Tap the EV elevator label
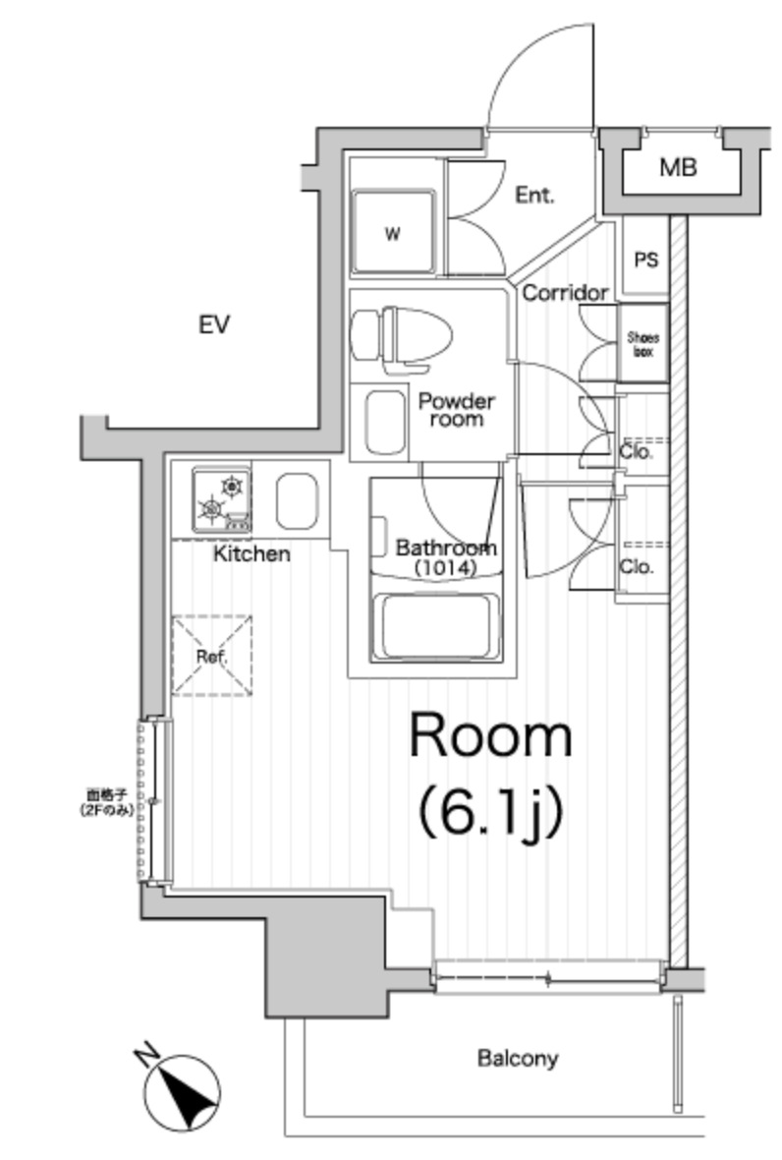click(x=213, y=325)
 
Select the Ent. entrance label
click(x=534, y=195)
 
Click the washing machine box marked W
click(x=393, y=234)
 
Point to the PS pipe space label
click(x=645, y=261)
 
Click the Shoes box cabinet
click(x=643, y=343)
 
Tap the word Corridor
click(x=565, y=293)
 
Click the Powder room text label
click(x=456, y=410)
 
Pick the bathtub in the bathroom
click(x=440, y=626)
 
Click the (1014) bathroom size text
click(x=445, y=567)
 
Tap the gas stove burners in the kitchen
click(x=222, y=497)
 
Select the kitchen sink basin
click(x=296, y=500)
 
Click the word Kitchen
click(x=252, y=554)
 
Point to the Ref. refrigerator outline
click(x=211, y=656)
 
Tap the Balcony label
click(x=518, y=1059)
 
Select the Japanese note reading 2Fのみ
click(x=107, y=809)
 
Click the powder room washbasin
click(x=383, y=423)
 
